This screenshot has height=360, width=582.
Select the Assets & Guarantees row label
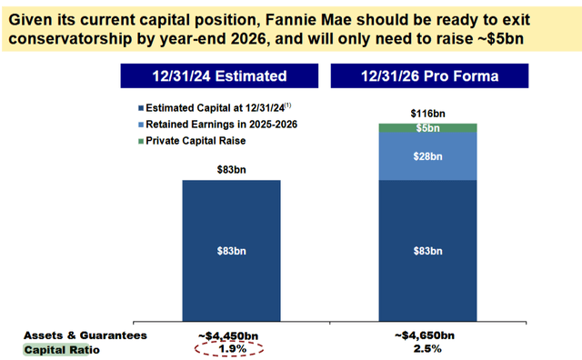[x=74, y=334]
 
